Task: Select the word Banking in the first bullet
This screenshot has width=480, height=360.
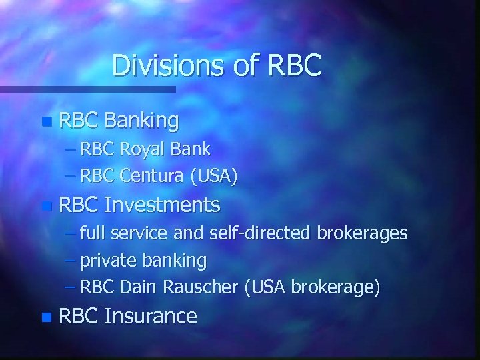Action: tap(141, 121)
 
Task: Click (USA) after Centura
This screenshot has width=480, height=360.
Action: tap(213, 177)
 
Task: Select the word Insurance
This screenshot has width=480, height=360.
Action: tap(151, 316)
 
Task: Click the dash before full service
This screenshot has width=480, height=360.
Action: tap(71, 234)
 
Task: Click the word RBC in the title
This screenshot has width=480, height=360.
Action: tap(294, 65)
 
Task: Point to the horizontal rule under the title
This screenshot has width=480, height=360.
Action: tap(87, 89)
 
